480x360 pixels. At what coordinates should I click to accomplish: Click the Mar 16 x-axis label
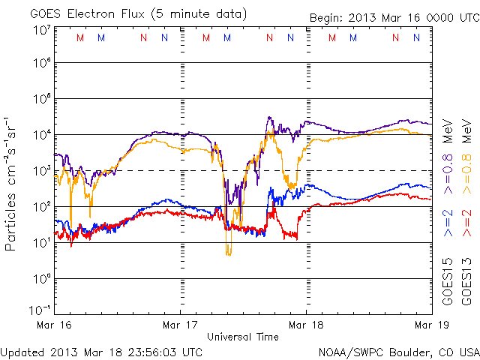pos(55,324)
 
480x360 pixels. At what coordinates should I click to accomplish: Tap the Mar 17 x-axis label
pos(181,324)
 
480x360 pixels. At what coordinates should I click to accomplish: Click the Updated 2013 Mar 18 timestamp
pos(101,351)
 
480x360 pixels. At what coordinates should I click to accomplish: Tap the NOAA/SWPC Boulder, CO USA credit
pos(398,351)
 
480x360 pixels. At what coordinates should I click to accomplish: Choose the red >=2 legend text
pos(466,223)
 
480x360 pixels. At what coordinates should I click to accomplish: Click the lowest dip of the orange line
pos(228,255)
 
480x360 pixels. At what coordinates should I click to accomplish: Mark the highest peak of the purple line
pos(268,117)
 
